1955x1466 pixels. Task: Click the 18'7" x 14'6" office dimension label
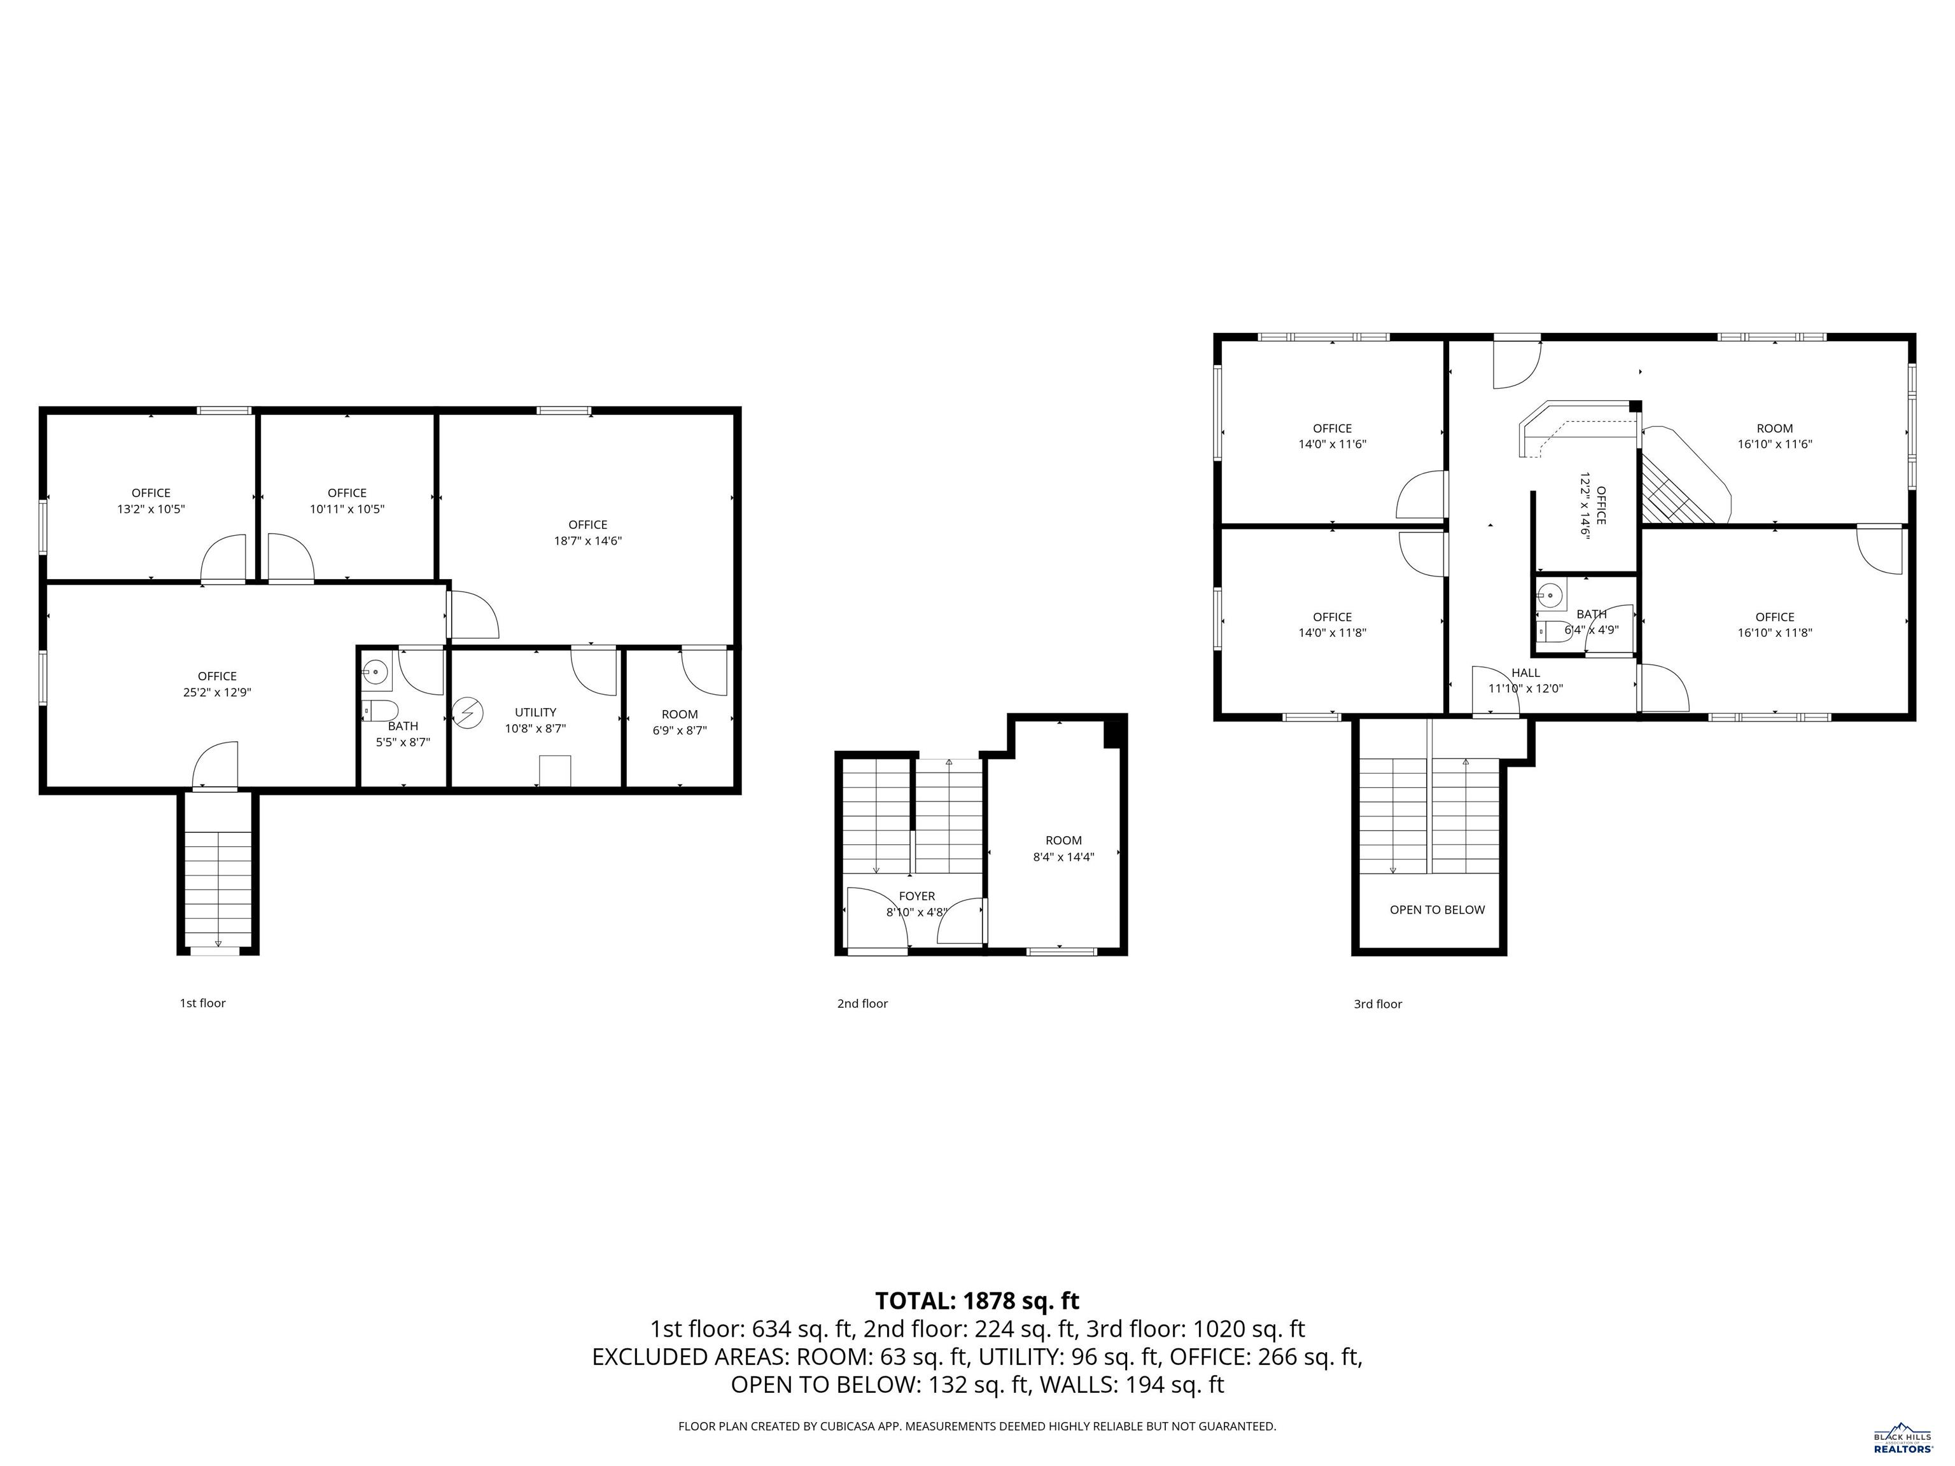point(588,541)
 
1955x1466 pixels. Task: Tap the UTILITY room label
point(536,712)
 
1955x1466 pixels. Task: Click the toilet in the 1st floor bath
point(381,711)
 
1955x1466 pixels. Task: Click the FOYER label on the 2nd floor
point(916,896)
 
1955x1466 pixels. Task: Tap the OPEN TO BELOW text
point(1437,909)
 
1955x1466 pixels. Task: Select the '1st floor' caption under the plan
point(202,1003)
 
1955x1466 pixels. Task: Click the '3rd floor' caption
point(1378,1004)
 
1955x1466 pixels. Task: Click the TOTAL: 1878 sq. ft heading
point(977,1301)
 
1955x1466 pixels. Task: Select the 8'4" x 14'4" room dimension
point(1063,856)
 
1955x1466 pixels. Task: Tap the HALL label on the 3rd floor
point(1525,673)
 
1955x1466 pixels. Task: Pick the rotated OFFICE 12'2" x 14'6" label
point(1593,505)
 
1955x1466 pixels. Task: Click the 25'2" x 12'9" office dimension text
point(218,693)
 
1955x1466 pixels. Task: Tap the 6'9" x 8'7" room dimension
point(680,731)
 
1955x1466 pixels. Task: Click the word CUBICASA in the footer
point(850,1427)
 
